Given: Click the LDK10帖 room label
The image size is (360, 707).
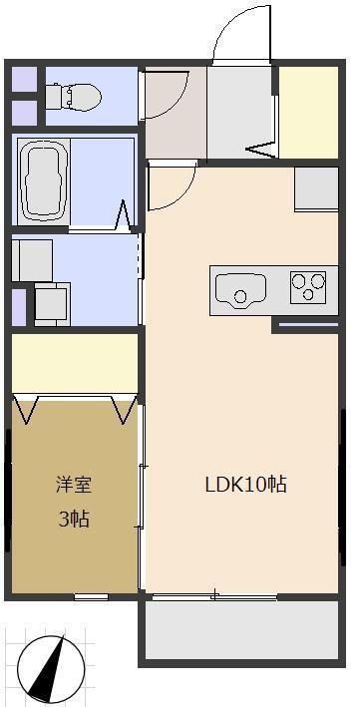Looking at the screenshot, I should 246,486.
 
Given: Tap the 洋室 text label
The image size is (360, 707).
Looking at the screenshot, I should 73,486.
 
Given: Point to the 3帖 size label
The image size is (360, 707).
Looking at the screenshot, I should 73,520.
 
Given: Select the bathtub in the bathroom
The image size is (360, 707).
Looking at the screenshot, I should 43,180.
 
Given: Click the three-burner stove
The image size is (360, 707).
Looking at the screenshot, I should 308,286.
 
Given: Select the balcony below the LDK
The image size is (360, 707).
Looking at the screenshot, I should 244,630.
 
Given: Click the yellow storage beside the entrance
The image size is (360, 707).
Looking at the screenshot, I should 307,112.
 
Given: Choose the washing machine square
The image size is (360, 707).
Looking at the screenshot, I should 51,304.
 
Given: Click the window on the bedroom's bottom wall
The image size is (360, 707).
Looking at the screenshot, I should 91,596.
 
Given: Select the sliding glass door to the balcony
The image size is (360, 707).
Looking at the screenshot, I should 213,596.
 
